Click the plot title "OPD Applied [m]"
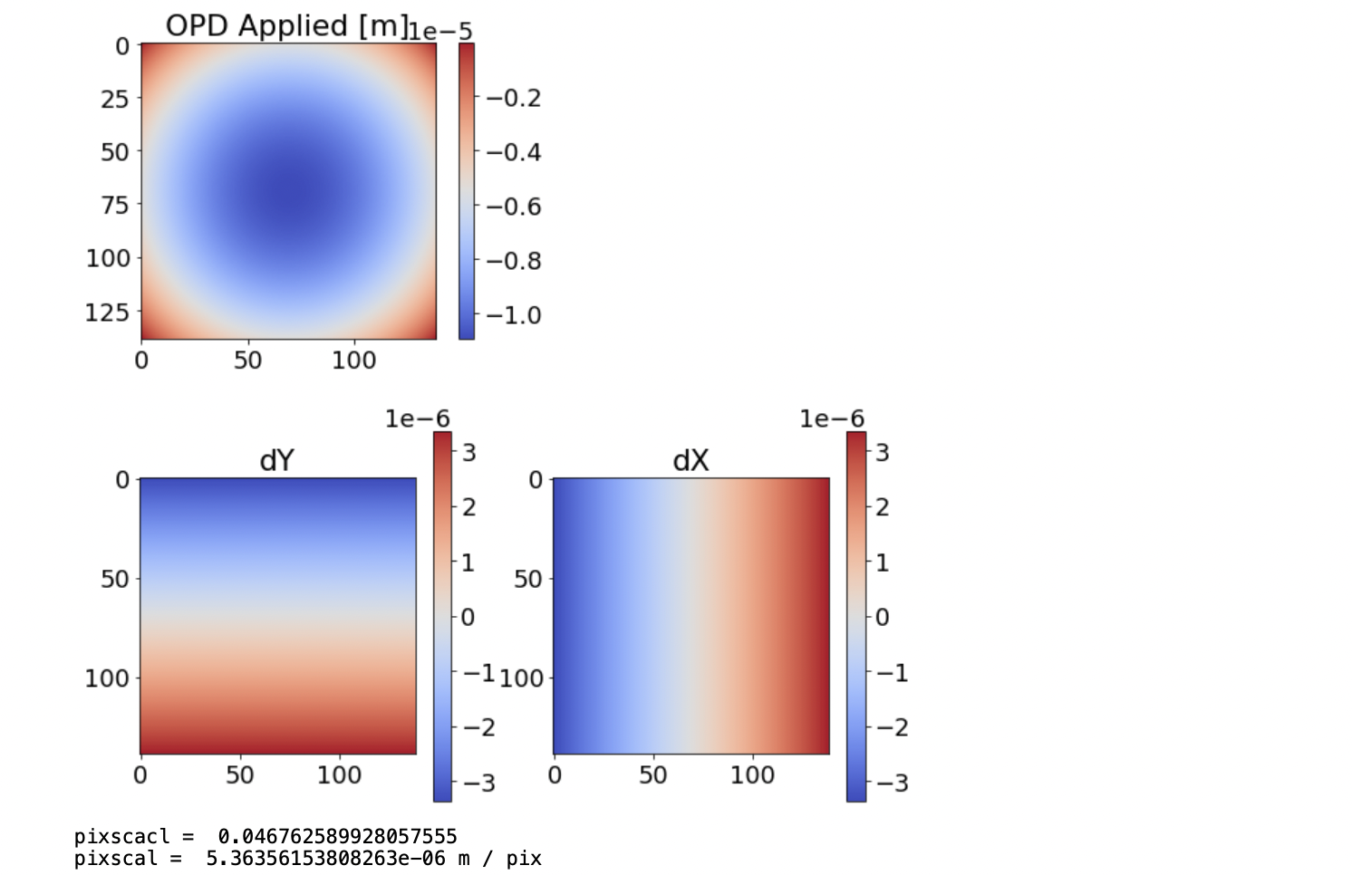[286, 25]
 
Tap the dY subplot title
[276, 460]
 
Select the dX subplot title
[690, 460]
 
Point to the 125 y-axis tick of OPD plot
[108, 312]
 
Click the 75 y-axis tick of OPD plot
[115, 205]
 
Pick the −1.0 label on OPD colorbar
[514, 315]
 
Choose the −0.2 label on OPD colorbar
[514, 98]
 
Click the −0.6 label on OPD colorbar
[514, 207]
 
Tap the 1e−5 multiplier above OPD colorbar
[440, 32]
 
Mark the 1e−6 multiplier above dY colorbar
[417, 418]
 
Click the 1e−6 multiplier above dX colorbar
[831, 418]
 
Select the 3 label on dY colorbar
[468, 452]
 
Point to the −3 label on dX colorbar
[891, 783]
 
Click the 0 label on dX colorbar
[882, 618]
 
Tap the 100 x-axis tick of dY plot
[340, 775]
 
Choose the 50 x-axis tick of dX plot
[652, 775]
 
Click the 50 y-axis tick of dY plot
[115, 579]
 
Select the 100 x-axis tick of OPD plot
[353, 361]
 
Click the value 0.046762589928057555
[337, 836]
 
